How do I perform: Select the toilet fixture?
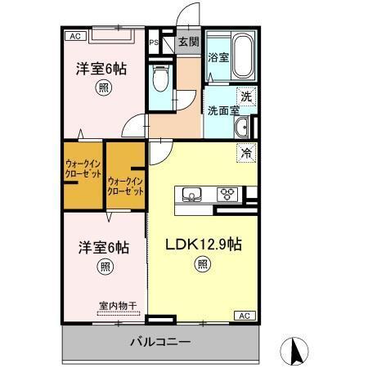coord(161,79)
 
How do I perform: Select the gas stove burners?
coord(227,195)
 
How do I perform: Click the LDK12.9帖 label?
coord(202,244)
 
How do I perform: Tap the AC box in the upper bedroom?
coord(74,36)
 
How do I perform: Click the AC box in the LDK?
coord(244,315)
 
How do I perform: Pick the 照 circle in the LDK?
coord(202,264)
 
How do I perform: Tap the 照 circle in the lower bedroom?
coord(105,267)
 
